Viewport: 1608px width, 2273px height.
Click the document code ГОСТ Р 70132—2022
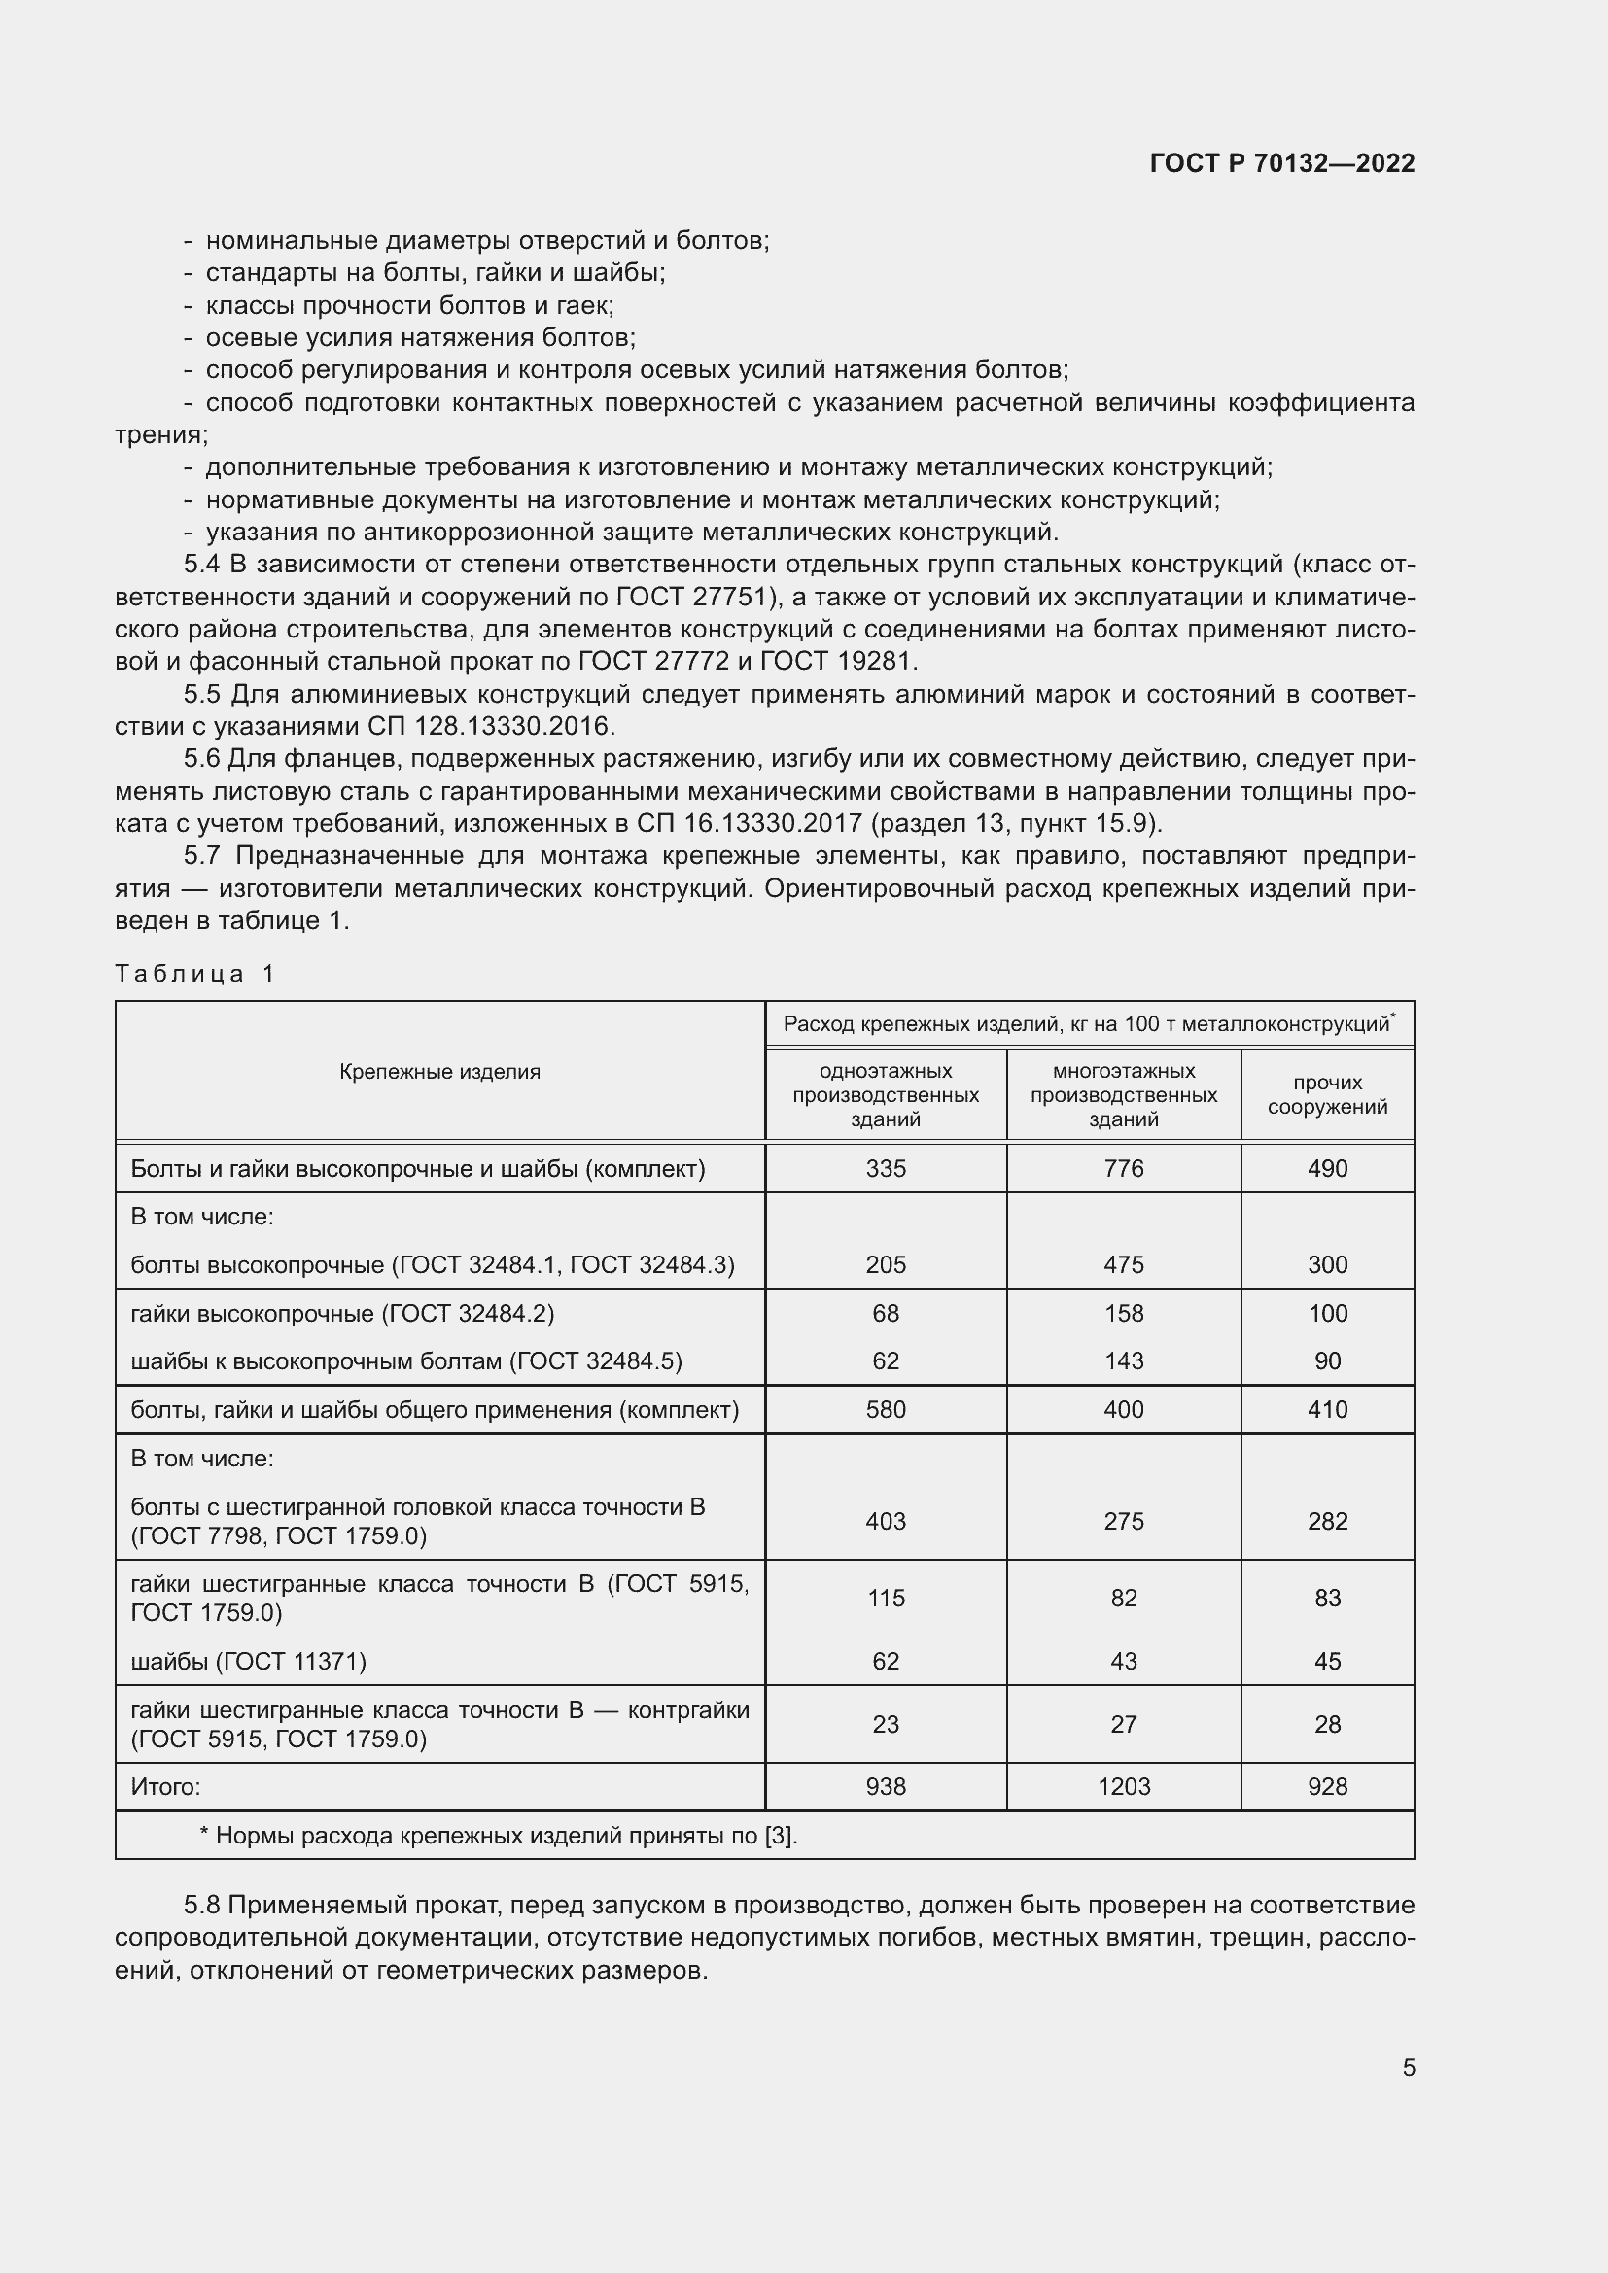coord(1282,163)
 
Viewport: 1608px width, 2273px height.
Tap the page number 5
coord(1408,2067)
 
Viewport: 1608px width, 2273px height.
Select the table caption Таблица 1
coord(194,973)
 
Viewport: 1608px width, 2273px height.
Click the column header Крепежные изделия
coord(439,1071)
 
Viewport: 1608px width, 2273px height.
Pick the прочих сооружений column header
coord(1327,1094)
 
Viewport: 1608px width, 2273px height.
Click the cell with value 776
coord(1123,1168)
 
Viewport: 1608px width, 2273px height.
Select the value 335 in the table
coord(886,1168)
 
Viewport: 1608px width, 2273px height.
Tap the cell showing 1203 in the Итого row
coord(1123,1786)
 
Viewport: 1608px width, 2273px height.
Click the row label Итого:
coord(165,1787)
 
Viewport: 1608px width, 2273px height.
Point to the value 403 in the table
coord(886,1521)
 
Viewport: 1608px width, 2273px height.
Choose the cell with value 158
coord(1123,1313)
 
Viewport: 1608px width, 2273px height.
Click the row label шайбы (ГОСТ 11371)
coord(249,1661)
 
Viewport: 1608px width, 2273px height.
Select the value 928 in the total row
coord(1327,1786)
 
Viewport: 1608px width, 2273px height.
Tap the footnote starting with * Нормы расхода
coord(498,1836)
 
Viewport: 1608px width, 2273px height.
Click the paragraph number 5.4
coord(202,565)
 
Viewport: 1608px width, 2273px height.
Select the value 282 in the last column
coord(1327,1521)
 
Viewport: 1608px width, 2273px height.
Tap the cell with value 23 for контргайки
coord(886,1724)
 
